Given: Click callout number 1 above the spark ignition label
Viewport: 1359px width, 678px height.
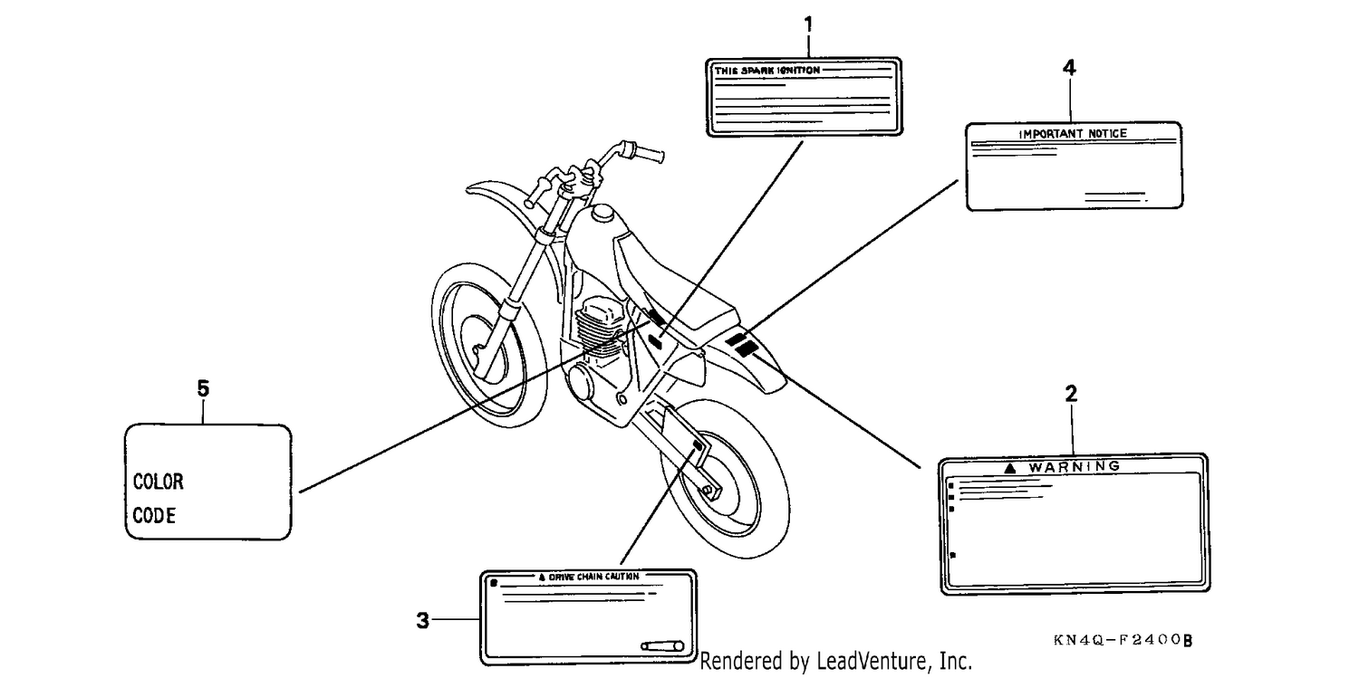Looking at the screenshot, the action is point(807,24).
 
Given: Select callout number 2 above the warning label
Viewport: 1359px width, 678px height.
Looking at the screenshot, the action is point(1072,394).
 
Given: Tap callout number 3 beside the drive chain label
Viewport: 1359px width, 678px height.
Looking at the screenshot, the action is point(423,620).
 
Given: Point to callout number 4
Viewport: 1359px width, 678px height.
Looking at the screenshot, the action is point(1069,68).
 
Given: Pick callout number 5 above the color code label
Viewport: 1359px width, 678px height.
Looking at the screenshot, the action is point(203,388).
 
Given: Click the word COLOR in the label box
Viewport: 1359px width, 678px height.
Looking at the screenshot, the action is point(158,482).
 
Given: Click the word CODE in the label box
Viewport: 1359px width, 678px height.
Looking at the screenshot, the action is point(154,516).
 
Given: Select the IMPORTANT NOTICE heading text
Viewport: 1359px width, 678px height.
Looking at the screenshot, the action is point(1073,133).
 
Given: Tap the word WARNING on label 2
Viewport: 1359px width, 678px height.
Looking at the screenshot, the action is point(1075,466).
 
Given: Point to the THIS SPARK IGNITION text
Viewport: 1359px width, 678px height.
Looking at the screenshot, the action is point(766,71).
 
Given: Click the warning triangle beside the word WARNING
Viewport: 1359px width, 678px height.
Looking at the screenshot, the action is point(1009,468).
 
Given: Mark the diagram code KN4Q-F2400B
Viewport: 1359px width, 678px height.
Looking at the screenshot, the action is point(1123,640).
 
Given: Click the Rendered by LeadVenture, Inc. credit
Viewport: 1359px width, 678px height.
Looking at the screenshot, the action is point(836,661).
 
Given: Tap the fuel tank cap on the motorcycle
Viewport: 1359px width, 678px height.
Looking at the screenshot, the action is point(602,214).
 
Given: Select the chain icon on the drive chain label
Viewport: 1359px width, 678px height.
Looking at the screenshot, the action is point(662,646).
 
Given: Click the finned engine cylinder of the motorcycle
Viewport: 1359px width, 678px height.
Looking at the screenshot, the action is point(601,326).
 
